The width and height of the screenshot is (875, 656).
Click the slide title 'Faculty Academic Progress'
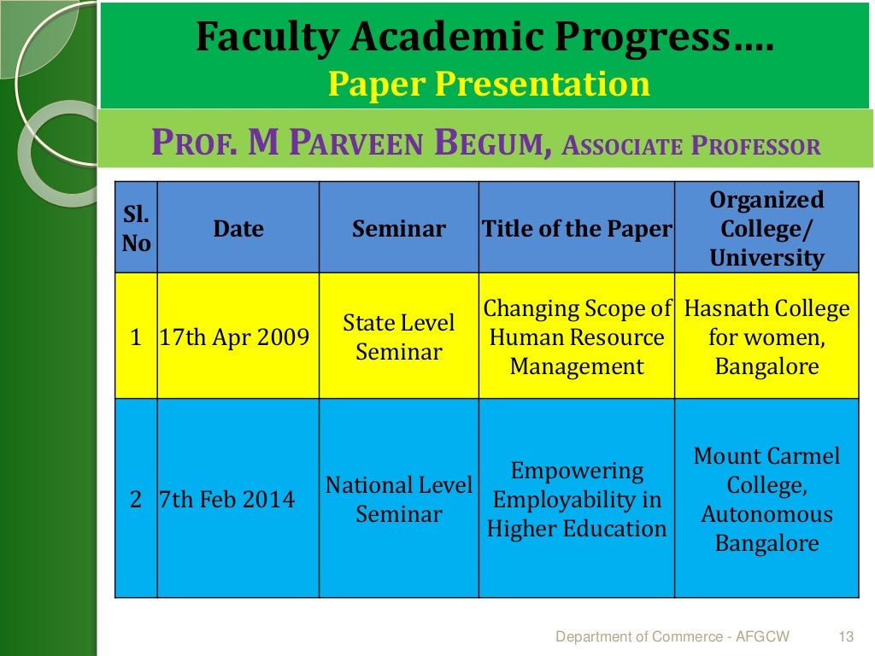pos(484,38)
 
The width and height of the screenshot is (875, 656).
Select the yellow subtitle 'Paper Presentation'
pos(489,85)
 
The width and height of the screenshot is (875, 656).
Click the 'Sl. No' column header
pos(136,229)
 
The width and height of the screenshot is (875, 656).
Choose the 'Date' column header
pos(238,229)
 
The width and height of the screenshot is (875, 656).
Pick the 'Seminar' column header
pos(398,229)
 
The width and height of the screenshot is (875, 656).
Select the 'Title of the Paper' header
pos(577,229)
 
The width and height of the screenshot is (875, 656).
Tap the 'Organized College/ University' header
pos(766,229)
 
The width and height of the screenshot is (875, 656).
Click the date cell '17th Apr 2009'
pos(234,337)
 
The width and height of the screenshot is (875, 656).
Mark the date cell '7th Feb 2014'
pos(227,500)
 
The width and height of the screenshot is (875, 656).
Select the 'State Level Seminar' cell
pos(398,337)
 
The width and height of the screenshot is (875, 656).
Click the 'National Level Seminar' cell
pos(398,500)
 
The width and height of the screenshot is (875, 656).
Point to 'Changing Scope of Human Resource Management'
pos(577,337)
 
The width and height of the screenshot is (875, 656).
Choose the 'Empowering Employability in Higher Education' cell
pos(577,500)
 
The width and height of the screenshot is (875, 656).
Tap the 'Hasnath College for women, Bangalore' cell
pos(766,337)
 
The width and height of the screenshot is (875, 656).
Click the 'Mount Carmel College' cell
pos(766,500)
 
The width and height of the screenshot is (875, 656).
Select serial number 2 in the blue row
pos(136,500)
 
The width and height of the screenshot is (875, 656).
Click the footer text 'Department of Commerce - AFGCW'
pos(672,636)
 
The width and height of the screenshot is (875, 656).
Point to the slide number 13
pos(847,636)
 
